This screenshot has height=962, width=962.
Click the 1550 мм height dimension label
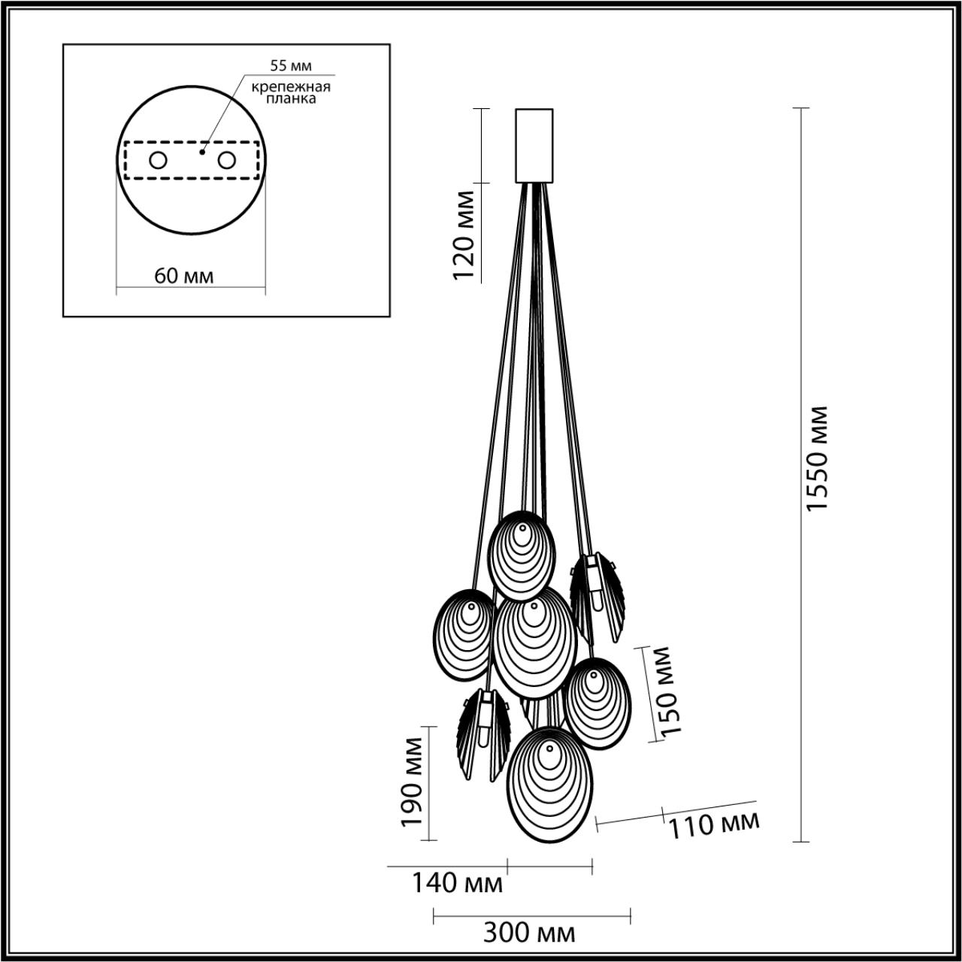click(x=816, y=458)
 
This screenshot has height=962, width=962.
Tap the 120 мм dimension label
click(x=464, y=235)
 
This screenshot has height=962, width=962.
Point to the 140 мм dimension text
click(x=456, y=883)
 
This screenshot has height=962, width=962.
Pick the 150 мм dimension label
click(x=664, y=689)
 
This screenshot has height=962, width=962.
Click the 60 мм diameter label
click(x=184, y=276)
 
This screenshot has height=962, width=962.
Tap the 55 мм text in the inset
click(x=291, y=65)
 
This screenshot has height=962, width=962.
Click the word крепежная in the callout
click(x=292, y=86)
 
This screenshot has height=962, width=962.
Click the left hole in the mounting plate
click(x=159, y=160)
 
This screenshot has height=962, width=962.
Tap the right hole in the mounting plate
click(x=226, y=160)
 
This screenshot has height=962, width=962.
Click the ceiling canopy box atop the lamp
click(x=534, y=146)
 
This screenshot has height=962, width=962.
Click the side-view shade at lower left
click(x=482, y=733)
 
